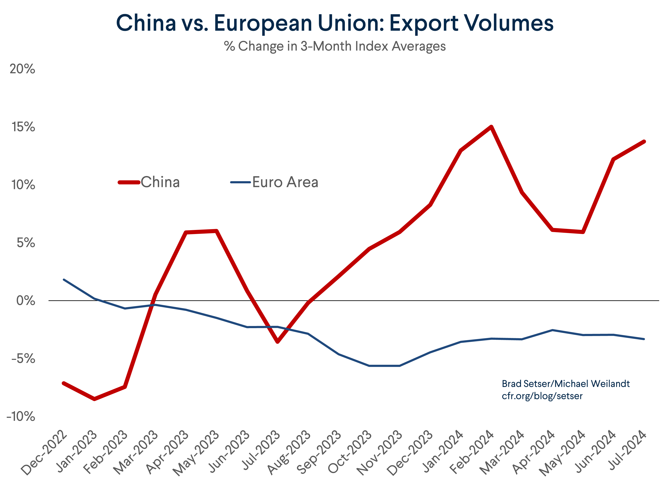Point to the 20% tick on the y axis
click(22, 69)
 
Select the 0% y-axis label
click(26, 301)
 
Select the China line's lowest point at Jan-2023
click(94, 399)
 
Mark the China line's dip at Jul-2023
click(277, 342)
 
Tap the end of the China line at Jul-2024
click(644, 142)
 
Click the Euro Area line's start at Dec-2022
click(64, 279)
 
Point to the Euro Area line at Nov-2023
click(399, 366)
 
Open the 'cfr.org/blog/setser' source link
click(542, 396)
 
